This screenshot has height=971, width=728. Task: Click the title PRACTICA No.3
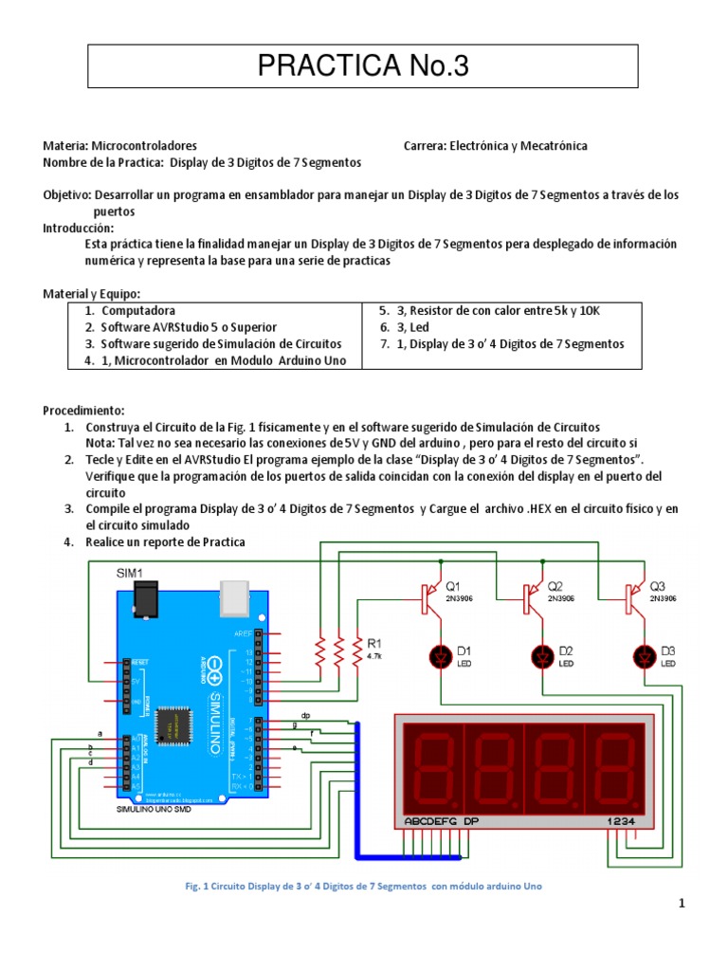click(x=364, y=67)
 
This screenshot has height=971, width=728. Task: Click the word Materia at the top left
click(x=64, y=146)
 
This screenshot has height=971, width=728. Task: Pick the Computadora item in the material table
click(x=138, y=310)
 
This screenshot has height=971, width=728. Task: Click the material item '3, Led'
click(x=402, y=327)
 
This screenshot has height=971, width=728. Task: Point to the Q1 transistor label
click(x=452, y=585)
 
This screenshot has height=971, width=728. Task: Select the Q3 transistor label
click(x=657, y=585)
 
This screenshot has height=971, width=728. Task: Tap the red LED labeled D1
click(x=440, y=655)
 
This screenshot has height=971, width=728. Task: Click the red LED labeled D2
click(x=542, y=655)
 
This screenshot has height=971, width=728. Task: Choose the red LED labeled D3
click(x=645, y=655)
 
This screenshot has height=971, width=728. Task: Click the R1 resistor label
click(x=373, y=642)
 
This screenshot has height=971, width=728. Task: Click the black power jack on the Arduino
click(x=147, y=597)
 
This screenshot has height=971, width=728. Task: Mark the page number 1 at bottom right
click(x=681, y=905)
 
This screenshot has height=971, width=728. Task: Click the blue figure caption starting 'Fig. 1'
click(x=363, y=886)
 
